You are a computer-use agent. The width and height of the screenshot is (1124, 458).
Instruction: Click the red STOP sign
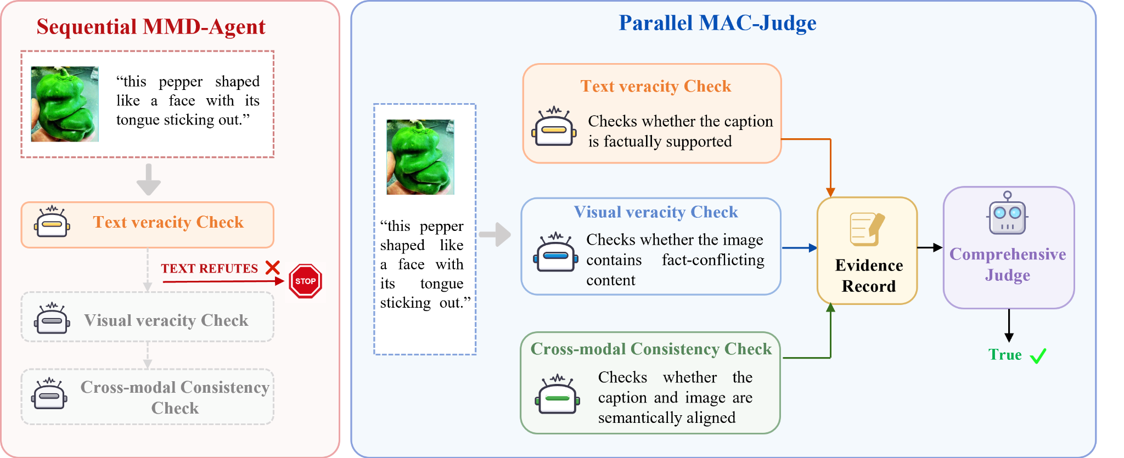(x=305, y=281)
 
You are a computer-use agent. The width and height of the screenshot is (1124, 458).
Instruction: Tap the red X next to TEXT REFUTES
(x=273, y=268)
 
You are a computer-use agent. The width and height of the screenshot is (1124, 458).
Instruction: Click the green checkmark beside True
(x=1038, y=356)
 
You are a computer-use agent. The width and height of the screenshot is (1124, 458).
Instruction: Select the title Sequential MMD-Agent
(x=151, y=26)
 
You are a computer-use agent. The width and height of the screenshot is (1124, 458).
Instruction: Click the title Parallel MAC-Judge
(x=717, y=23)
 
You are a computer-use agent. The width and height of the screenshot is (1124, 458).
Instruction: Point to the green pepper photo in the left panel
(x=65, y=104)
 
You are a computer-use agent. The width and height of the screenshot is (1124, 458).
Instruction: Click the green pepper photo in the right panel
(x=420, y=157)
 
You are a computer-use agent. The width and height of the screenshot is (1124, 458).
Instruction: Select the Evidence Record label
(x=869, y=276)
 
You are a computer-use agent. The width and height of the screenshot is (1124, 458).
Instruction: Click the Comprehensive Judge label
(x=1008, y=264)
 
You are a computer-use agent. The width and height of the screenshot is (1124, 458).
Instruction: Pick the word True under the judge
(x=1005, y=355)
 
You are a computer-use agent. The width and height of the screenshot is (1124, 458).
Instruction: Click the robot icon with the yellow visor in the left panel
(x=52, y=222)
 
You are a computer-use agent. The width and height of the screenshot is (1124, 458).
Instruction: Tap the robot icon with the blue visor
(x=556, y=252)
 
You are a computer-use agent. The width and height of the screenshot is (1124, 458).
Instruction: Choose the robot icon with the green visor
(x=558, y=394)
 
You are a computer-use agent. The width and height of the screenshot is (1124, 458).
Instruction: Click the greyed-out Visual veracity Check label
(x=166, y=320)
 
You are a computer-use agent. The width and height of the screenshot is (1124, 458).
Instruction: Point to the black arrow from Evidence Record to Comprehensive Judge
(x=930, y=248)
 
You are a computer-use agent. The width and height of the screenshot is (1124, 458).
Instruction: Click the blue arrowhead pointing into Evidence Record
(x=813, y=248)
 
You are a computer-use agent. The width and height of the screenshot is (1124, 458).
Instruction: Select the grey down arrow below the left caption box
(x=149, y=179)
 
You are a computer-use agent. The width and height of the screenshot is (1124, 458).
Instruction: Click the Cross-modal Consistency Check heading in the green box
(x=651, y=349)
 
